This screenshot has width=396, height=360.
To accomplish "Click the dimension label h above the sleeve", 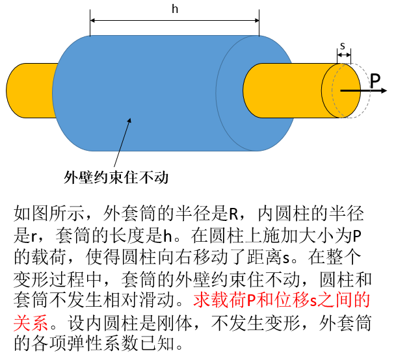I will click(x=174, y=9).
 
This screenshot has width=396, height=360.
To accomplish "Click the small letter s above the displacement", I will click(x=343, y=46).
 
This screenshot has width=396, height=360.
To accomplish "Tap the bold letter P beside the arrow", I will click(x=376, y=81).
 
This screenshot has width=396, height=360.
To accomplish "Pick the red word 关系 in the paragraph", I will click(x=28, y=321).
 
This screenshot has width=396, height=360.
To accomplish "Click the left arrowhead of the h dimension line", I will click(x=93, y=21).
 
